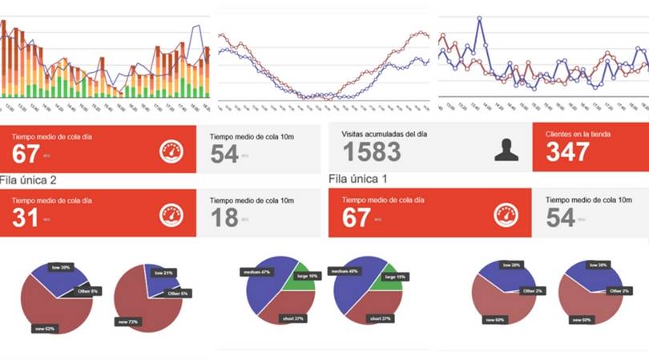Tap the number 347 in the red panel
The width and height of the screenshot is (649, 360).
(x=568, y=152)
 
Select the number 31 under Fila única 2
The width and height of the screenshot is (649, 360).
(x=26, y=217)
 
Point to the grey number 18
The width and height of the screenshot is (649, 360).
(x=224, y=217)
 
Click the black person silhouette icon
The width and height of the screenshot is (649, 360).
(x=506, y=149)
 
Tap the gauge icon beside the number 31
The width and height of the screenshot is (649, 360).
(x=171, y=215)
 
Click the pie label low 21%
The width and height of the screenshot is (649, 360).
(x=163, y=273)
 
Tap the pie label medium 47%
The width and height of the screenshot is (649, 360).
(x=256, y=273)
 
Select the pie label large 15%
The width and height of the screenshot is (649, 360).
(x=395, y=276)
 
